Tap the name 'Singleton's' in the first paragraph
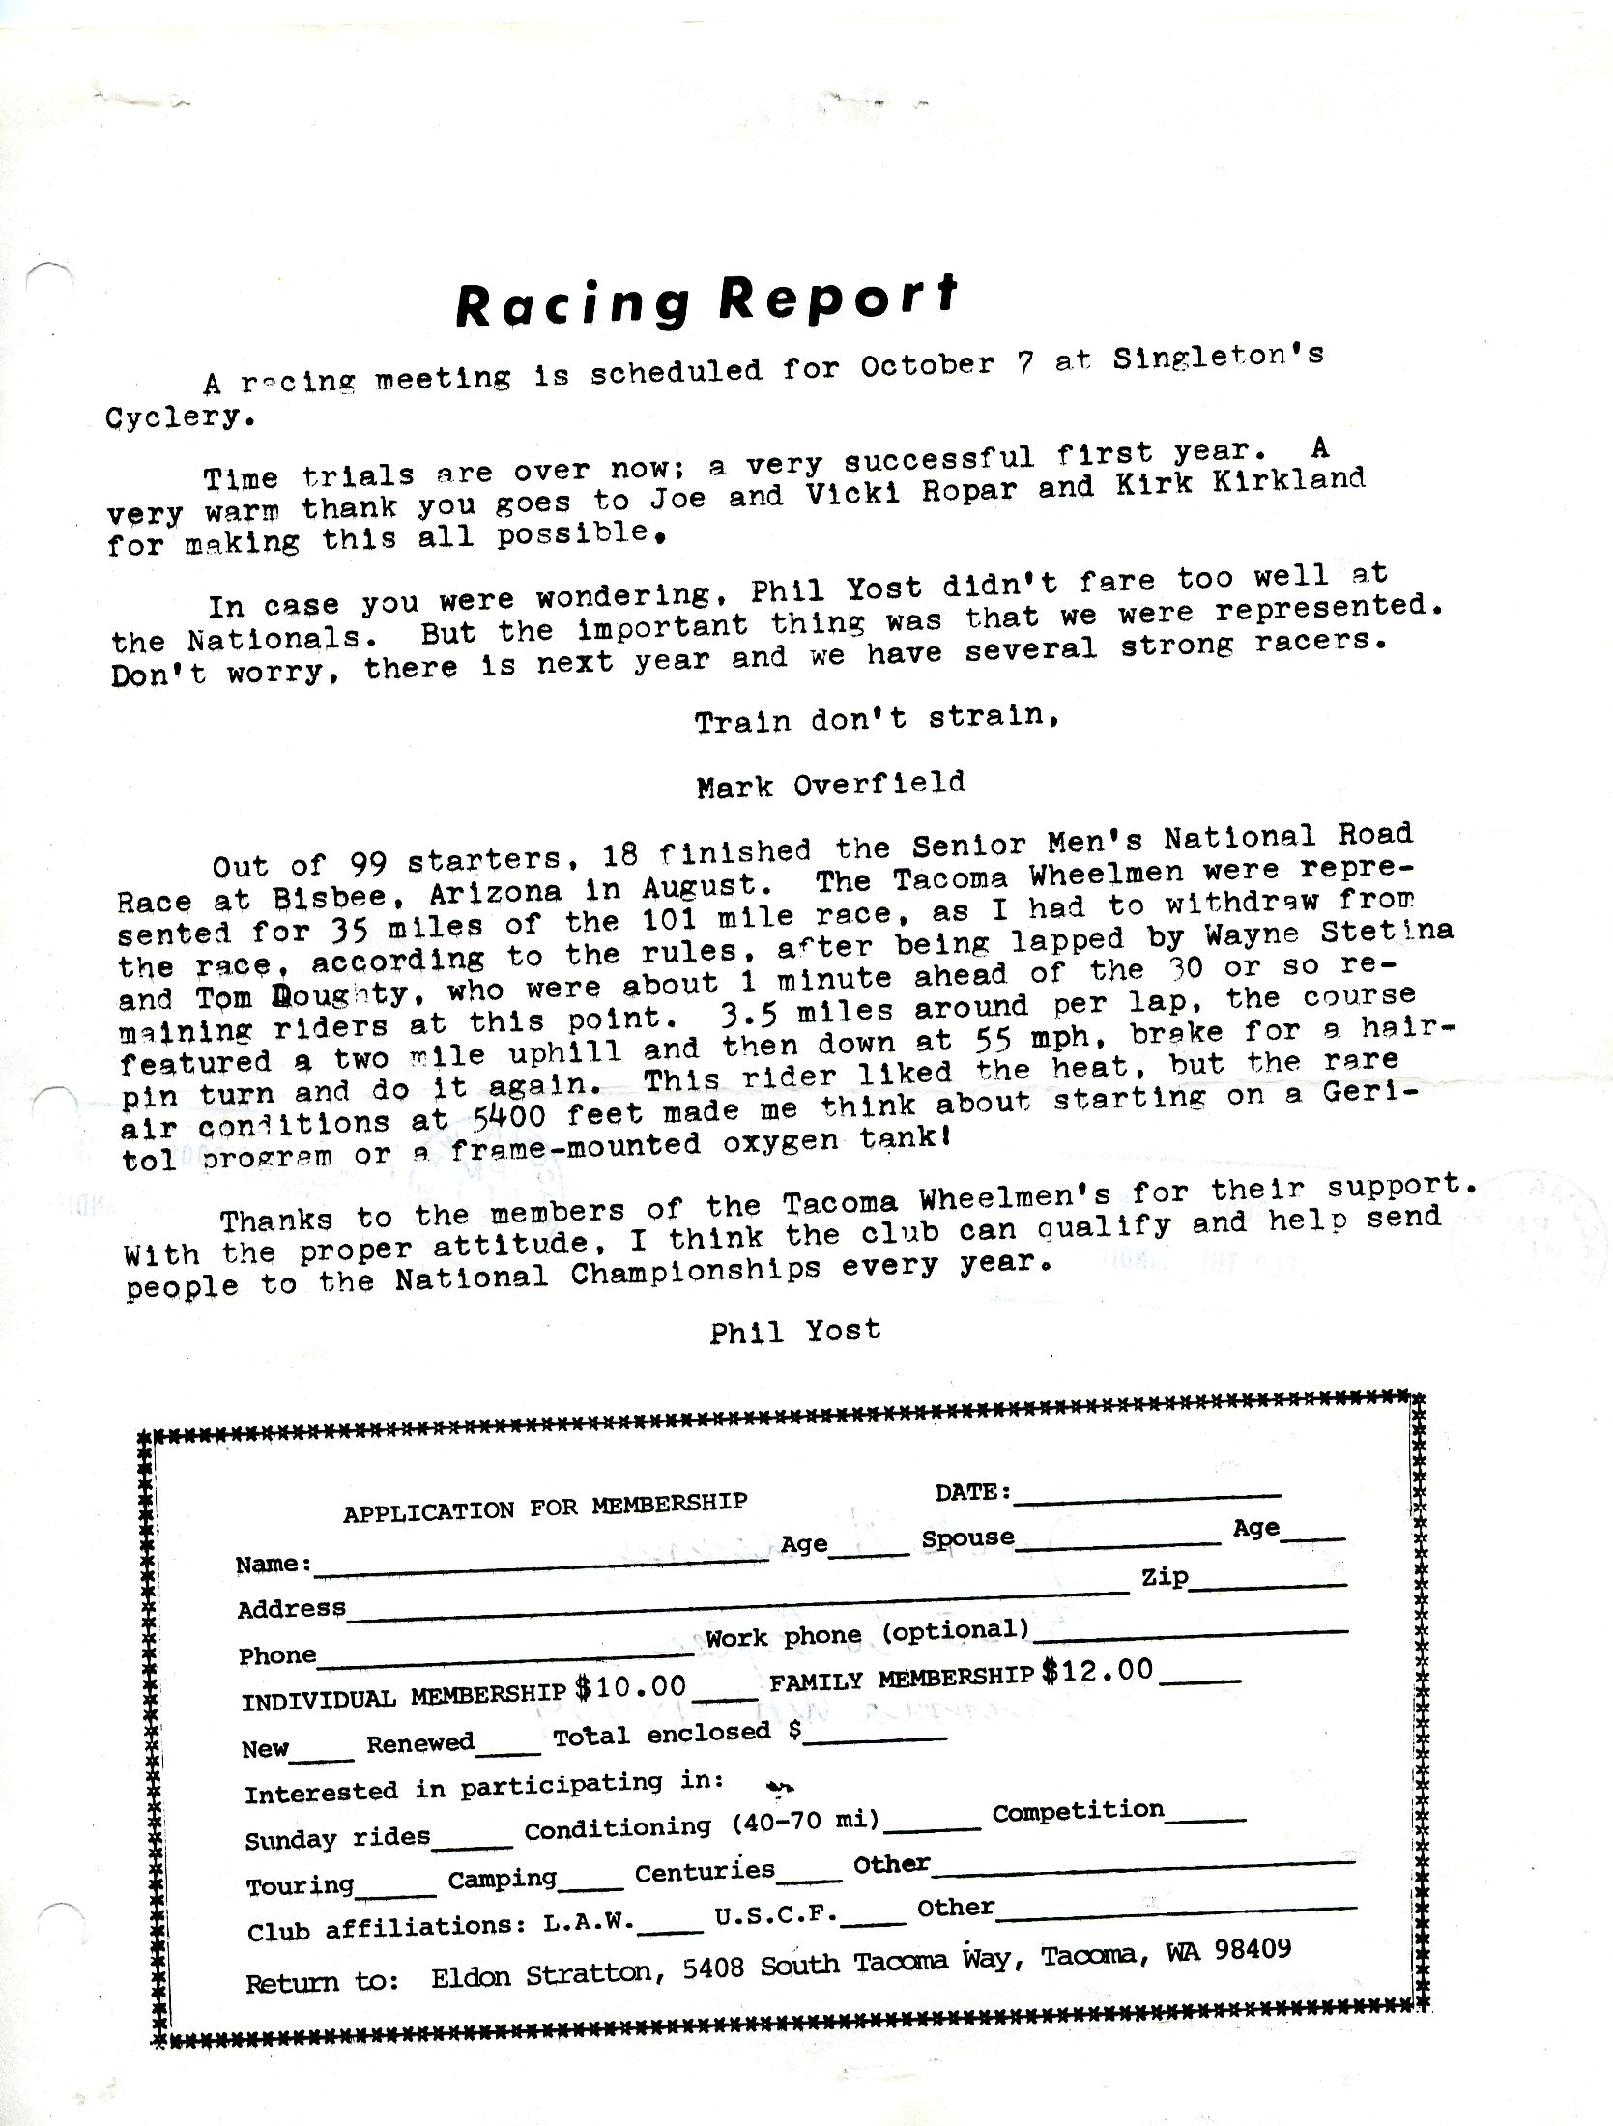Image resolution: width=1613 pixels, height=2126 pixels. (x=1218, y=358)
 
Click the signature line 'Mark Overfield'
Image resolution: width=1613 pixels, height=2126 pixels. (x=830, y=785)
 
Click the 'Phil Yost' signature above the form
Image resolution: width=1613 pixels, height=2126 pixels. (x=794, y=1332)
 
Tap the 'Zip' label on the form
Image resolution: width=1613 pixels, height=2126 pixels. (x=1165, y=1579)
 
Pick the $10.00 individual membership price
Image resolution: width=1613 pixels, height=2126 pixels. (x=630, y=1687)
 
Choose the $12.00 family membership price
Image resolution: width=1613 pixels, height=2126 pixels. (x=1098, y=1670)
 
